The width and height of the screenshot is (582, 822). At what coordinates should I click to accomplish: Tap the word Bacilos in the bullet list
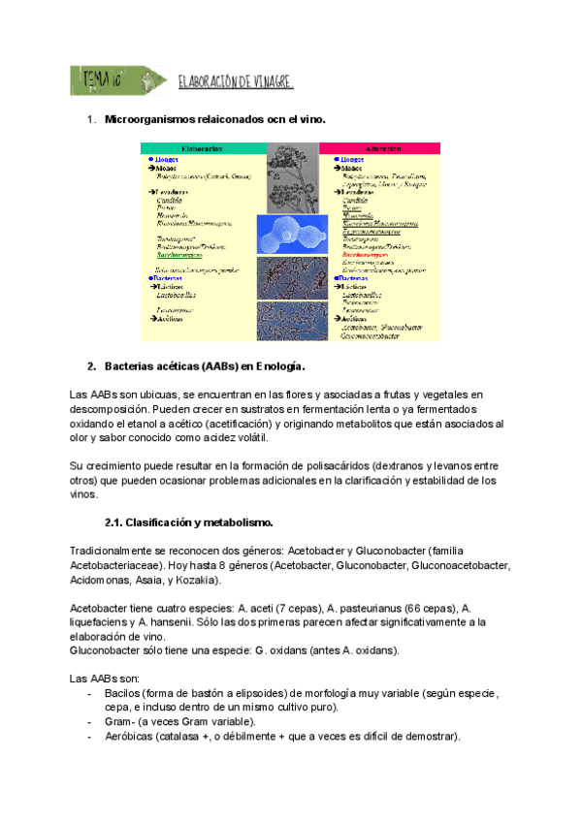[127, 694]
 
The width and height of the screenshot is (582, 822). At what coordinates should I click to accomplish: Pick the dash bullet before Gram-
[90, 722]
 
